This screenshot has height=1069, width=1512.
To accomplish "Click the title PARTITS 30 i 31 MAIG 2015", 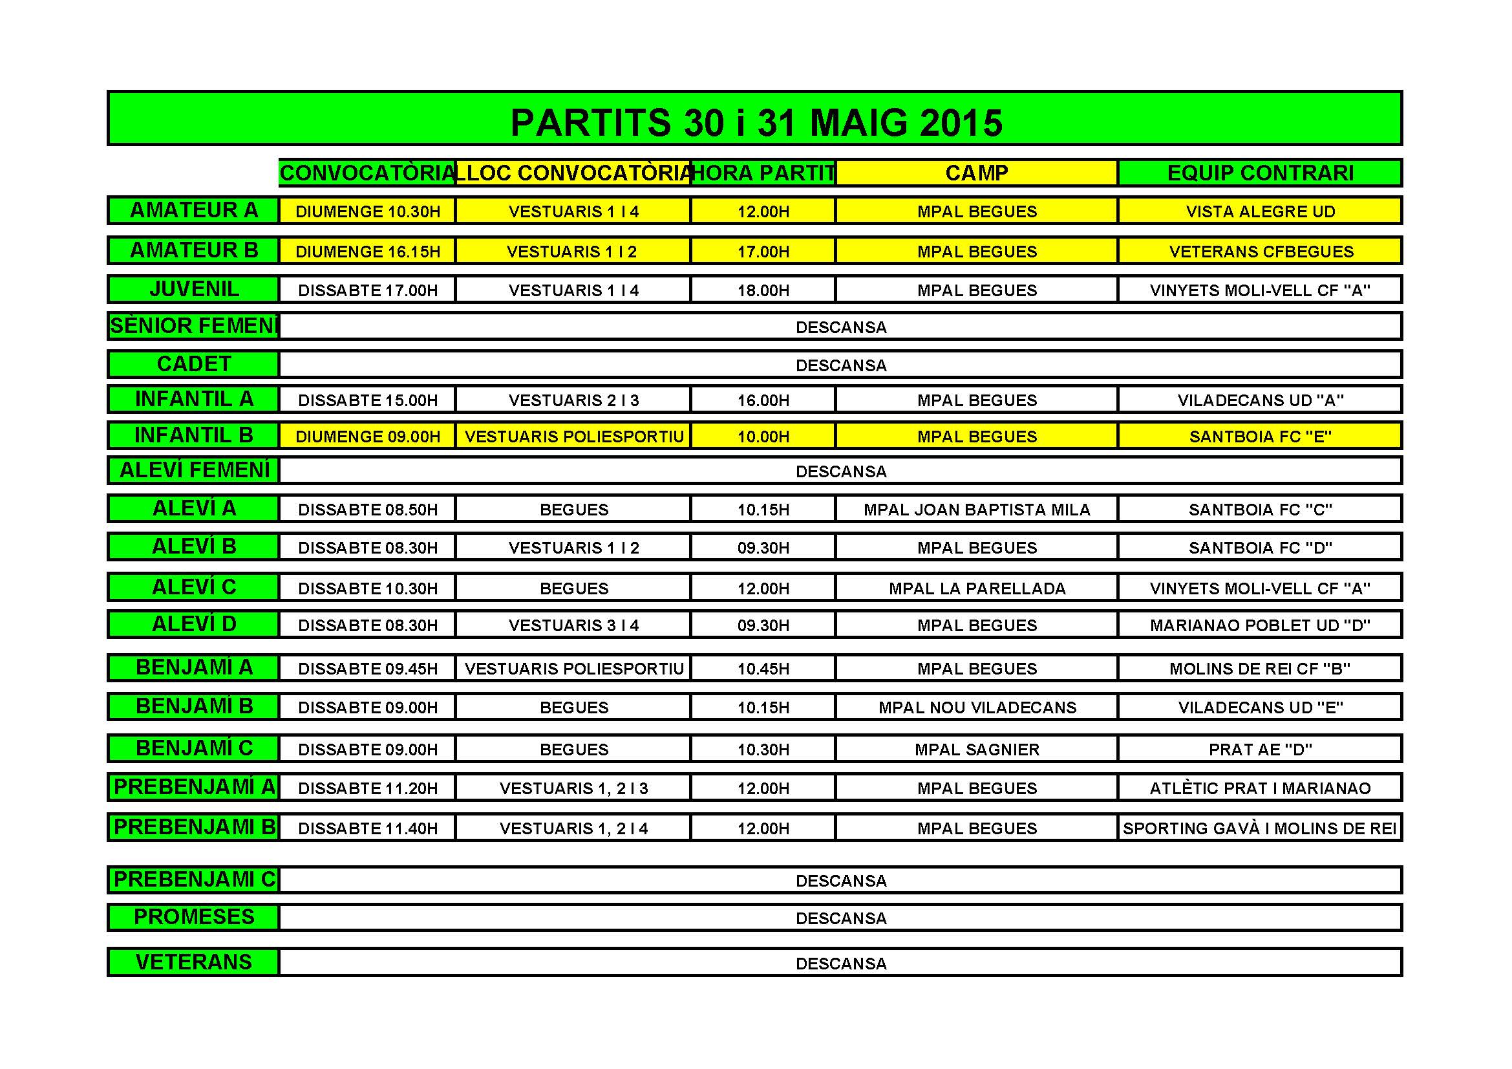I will (x=756, y=122).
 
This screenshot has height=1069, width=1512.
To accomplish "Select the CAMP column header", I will (x=977, y=173).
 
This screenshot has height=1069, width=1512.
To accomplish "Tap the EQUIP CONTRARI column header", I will (x=1260, y=173).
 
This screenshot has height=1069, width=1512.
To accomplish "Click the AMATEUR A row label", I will (x=194, y=210).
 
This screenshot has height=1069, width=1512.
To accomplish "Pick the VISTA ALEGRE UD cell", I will (x=1260, y=211).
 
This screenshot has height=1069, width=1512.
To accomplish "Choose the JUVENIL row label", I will (x=194, y=289).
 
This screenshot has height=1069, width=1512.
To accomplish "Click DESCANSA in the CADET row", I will (x=841, y=365).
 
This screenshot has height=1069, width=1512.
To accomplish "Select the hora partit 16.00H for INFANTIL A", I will (x=763, y=400).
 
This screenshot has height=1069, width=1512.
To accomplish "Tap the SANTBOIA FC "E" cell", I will (x=1260, y=437).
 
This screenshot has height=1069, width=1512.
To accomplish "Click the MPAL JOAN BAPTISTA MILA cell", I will (x=977, y=510).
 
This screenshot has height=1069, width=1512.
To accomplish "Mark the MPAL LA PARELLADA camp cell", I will (x=977, y=589).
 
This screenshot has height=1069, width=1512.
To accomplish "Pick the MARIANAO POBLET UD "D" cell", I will (x=1260, y=626).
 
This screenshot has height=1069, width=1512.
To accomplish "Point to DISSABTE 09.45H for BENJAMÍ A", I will (x=367, y=669).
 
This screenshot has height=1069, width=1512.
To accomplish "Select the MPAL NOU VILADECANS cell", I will (x=977, y=708).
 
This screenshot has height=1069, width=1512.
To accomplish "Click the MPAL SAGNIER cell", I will (x=977, y=750).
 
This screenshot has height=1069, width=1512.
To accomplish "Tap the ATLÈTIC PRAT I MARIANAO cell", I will (x=1260, y=788).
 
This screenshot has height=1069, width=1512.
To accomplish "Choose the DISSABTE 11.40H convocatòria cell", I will (x=367, y=828).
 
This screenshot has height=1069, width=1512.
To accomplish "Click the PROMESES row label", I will (x=194, y=917).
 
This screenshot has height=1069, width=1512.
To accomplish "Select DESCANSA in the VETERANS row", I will (x=841, y=964).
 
